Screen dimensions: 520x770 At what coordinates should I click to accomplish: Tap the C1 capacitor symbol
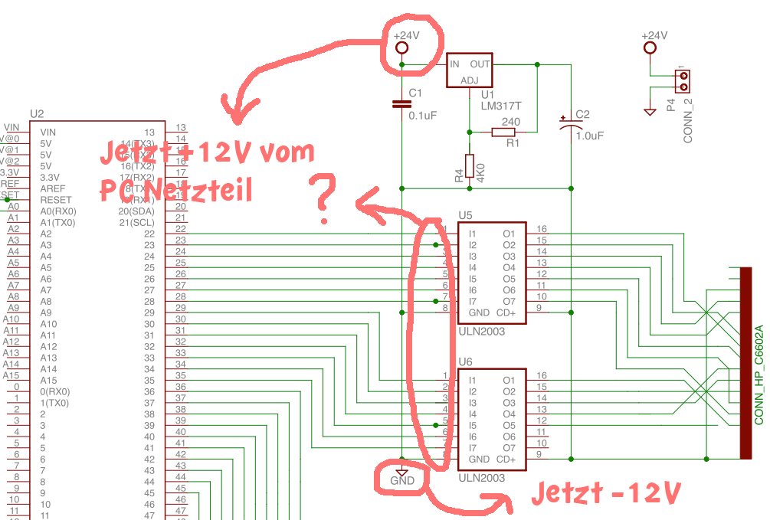point(401,103)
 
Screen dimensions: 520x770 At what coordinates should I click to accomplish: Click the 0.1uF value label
point(422,116)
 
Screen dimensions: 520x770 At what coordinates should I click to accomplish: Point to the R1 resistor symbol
point(503,132)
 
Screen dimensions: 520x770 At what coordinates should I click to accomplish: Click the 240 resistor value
point(510,122)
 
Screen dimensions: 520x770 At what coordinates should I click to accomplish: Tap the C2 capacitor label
point(582,115)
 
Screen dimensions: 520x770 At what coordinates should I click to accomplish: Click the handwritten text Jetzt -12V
point(605,493)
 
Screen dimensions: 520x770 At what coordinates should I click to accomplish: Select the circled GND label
point(401,481)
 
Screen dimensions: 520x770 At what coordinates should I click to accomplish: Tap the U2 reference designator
point(37,114)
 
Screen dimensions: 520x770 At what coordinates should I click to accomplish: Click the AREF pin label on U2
point(51,188)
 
